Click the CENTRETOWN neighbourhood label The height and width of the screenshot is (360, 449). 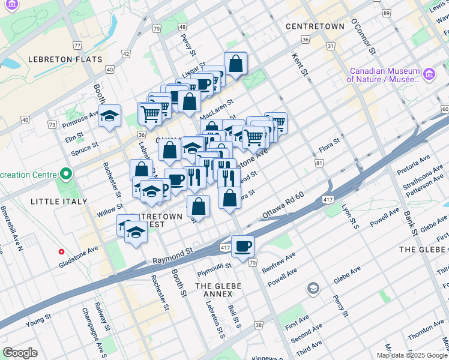point(315,26)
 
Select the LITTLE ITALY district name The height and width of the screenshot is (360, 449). point(58,201)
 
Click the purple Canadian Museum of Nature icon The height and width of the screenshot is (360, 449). point(429,74)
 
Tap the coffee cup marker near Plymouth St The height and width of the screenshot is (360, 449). point(243,247)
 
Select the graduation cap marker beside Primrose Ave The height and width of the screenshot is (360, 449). point(109,116)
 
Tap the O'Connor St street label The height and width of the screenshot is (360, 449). point(363,35)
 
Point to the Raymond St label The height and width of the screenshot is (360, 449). point(172,257)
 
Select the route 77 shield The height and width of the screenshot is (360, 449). point(77,46)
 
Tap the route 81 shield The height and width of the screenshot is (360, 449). point(319,163)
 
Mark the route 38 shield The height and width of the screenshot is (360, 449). point(259,325)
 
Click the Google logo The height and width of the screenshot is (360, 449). point(20,353)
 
